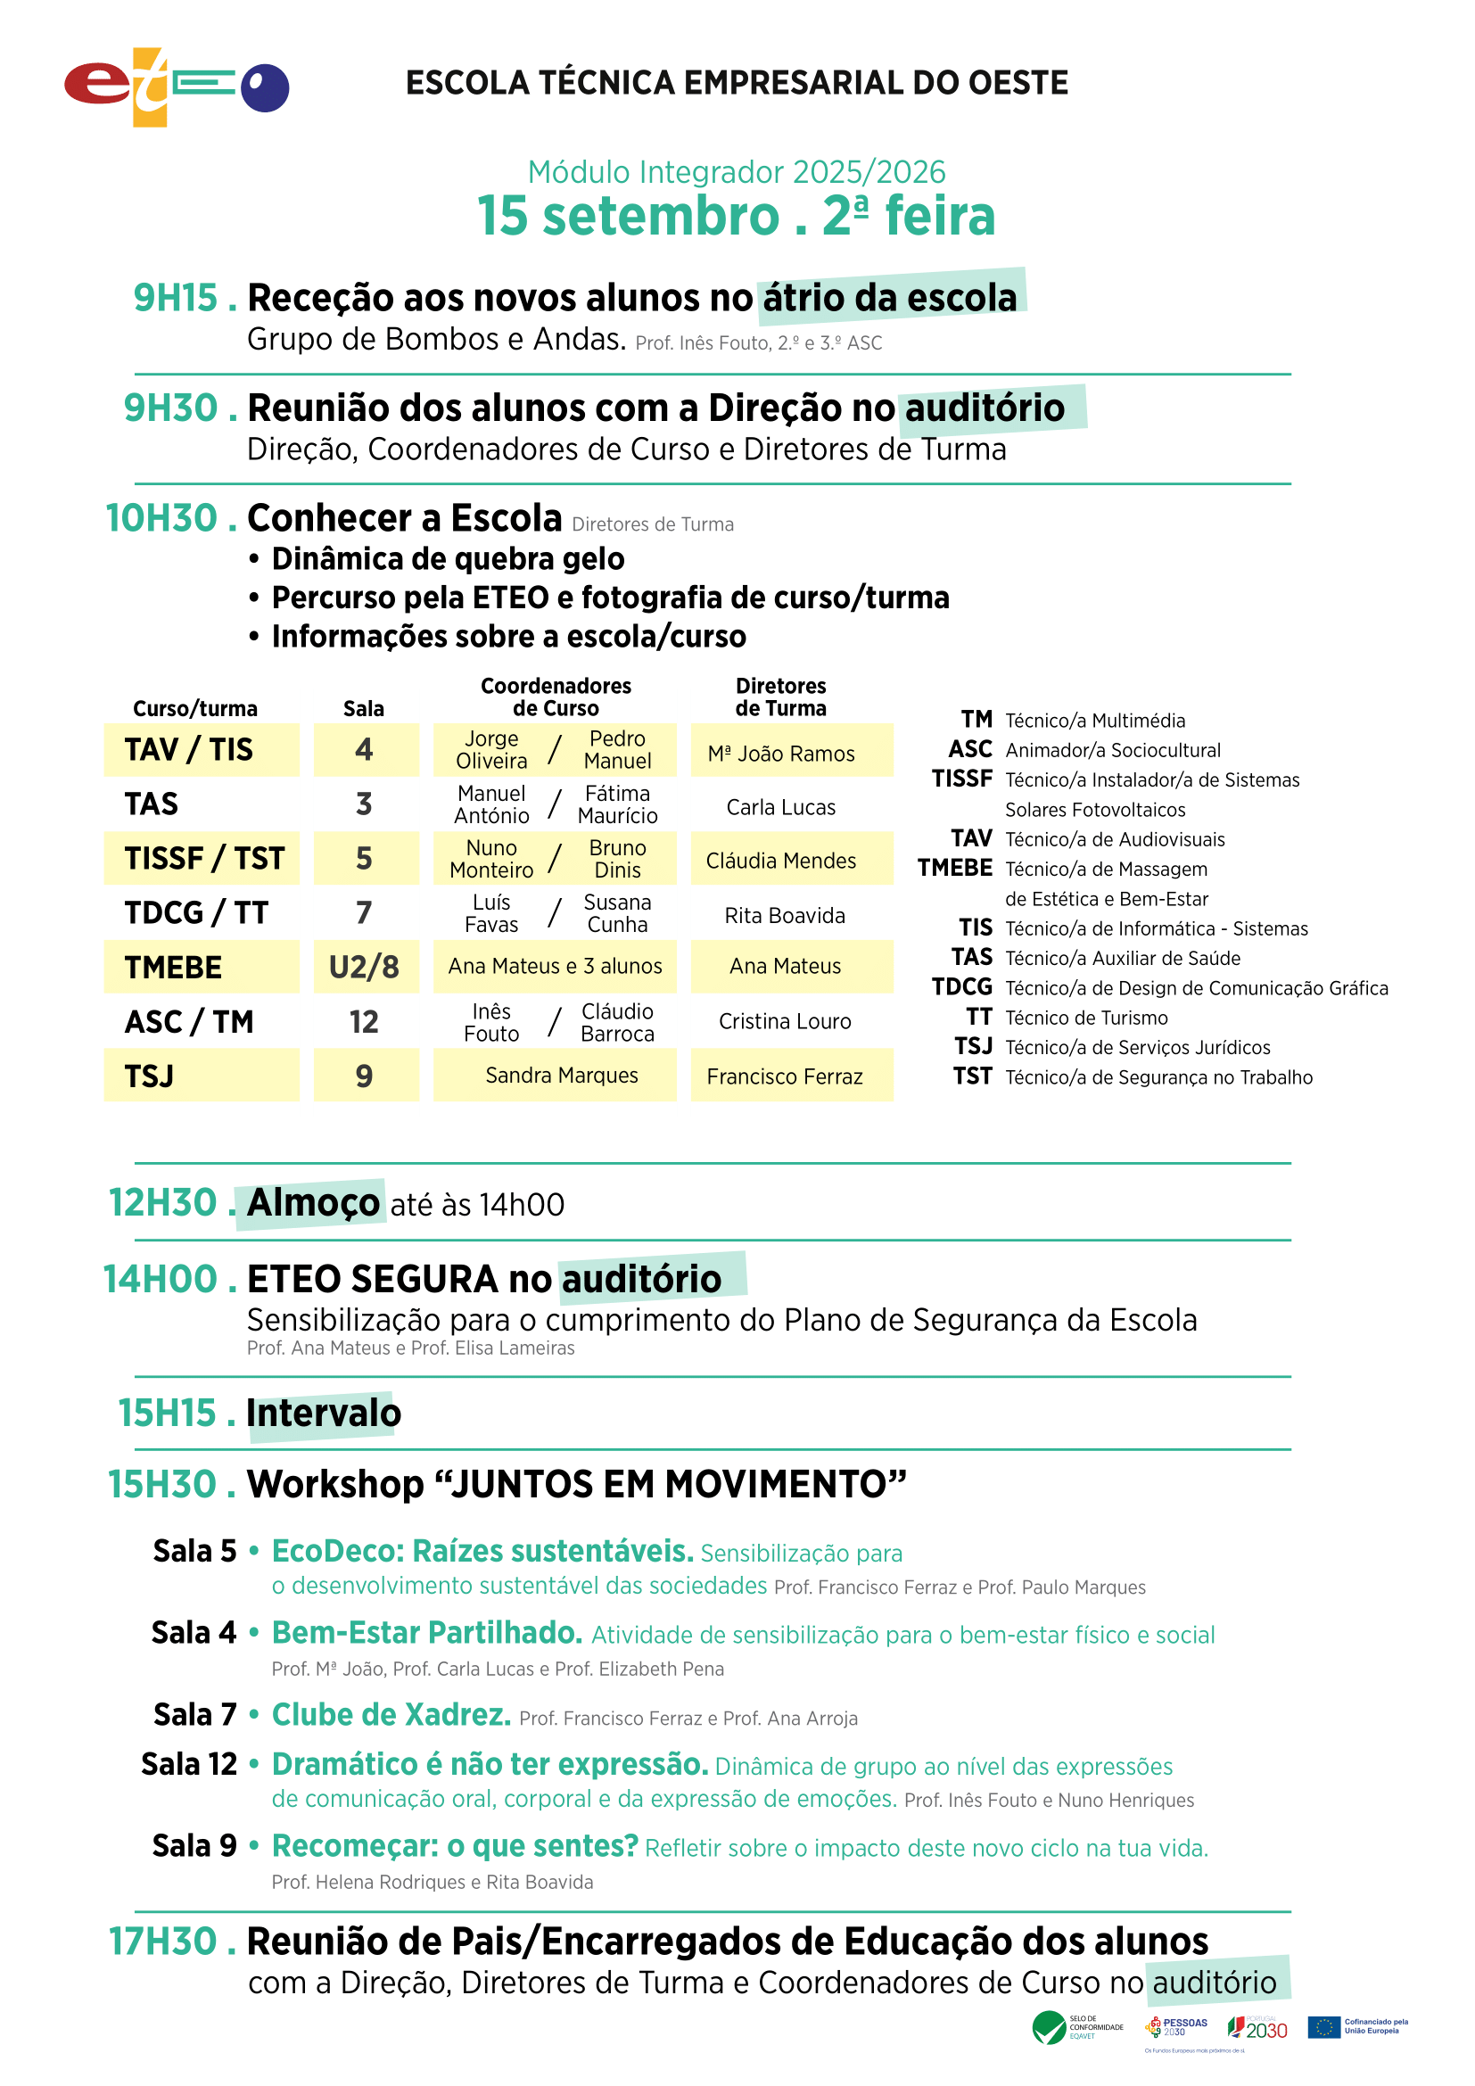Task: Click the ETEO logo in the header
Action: [177, 87]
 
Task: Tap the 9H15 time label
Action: [177, 298]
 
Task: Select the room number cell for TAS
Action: [364, 804]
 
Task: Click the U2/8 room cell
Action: [364, 967]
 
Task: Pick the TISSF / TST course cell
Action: [204, 859]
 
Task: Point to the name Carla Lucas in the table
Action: [781, 807]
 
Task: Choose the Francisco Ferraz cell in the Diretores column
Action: [785, 1076]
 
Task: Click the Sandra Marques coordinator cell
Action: [561, 1076]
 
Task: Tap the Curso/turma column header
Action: [195, 709]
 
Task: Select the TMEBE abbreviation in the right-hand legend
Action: [954, 869]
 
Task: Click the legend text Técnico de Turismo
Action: [1086, 1018]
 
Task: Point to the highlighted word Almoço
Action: [313, 1203]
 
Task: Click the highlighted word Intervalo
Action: [324, 1413]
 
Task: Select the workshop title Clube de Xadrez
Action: [391, 1714]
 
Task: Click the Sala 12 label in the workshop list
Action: [189, 1763]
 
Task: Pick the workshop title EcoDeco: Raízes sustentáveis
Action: [482, 1551]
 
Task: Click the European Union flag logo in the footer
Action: [1324, 2027]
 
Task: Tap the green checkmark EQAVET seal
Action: [1049, 2027]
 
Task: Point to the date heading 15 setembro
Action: [629, 216]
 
